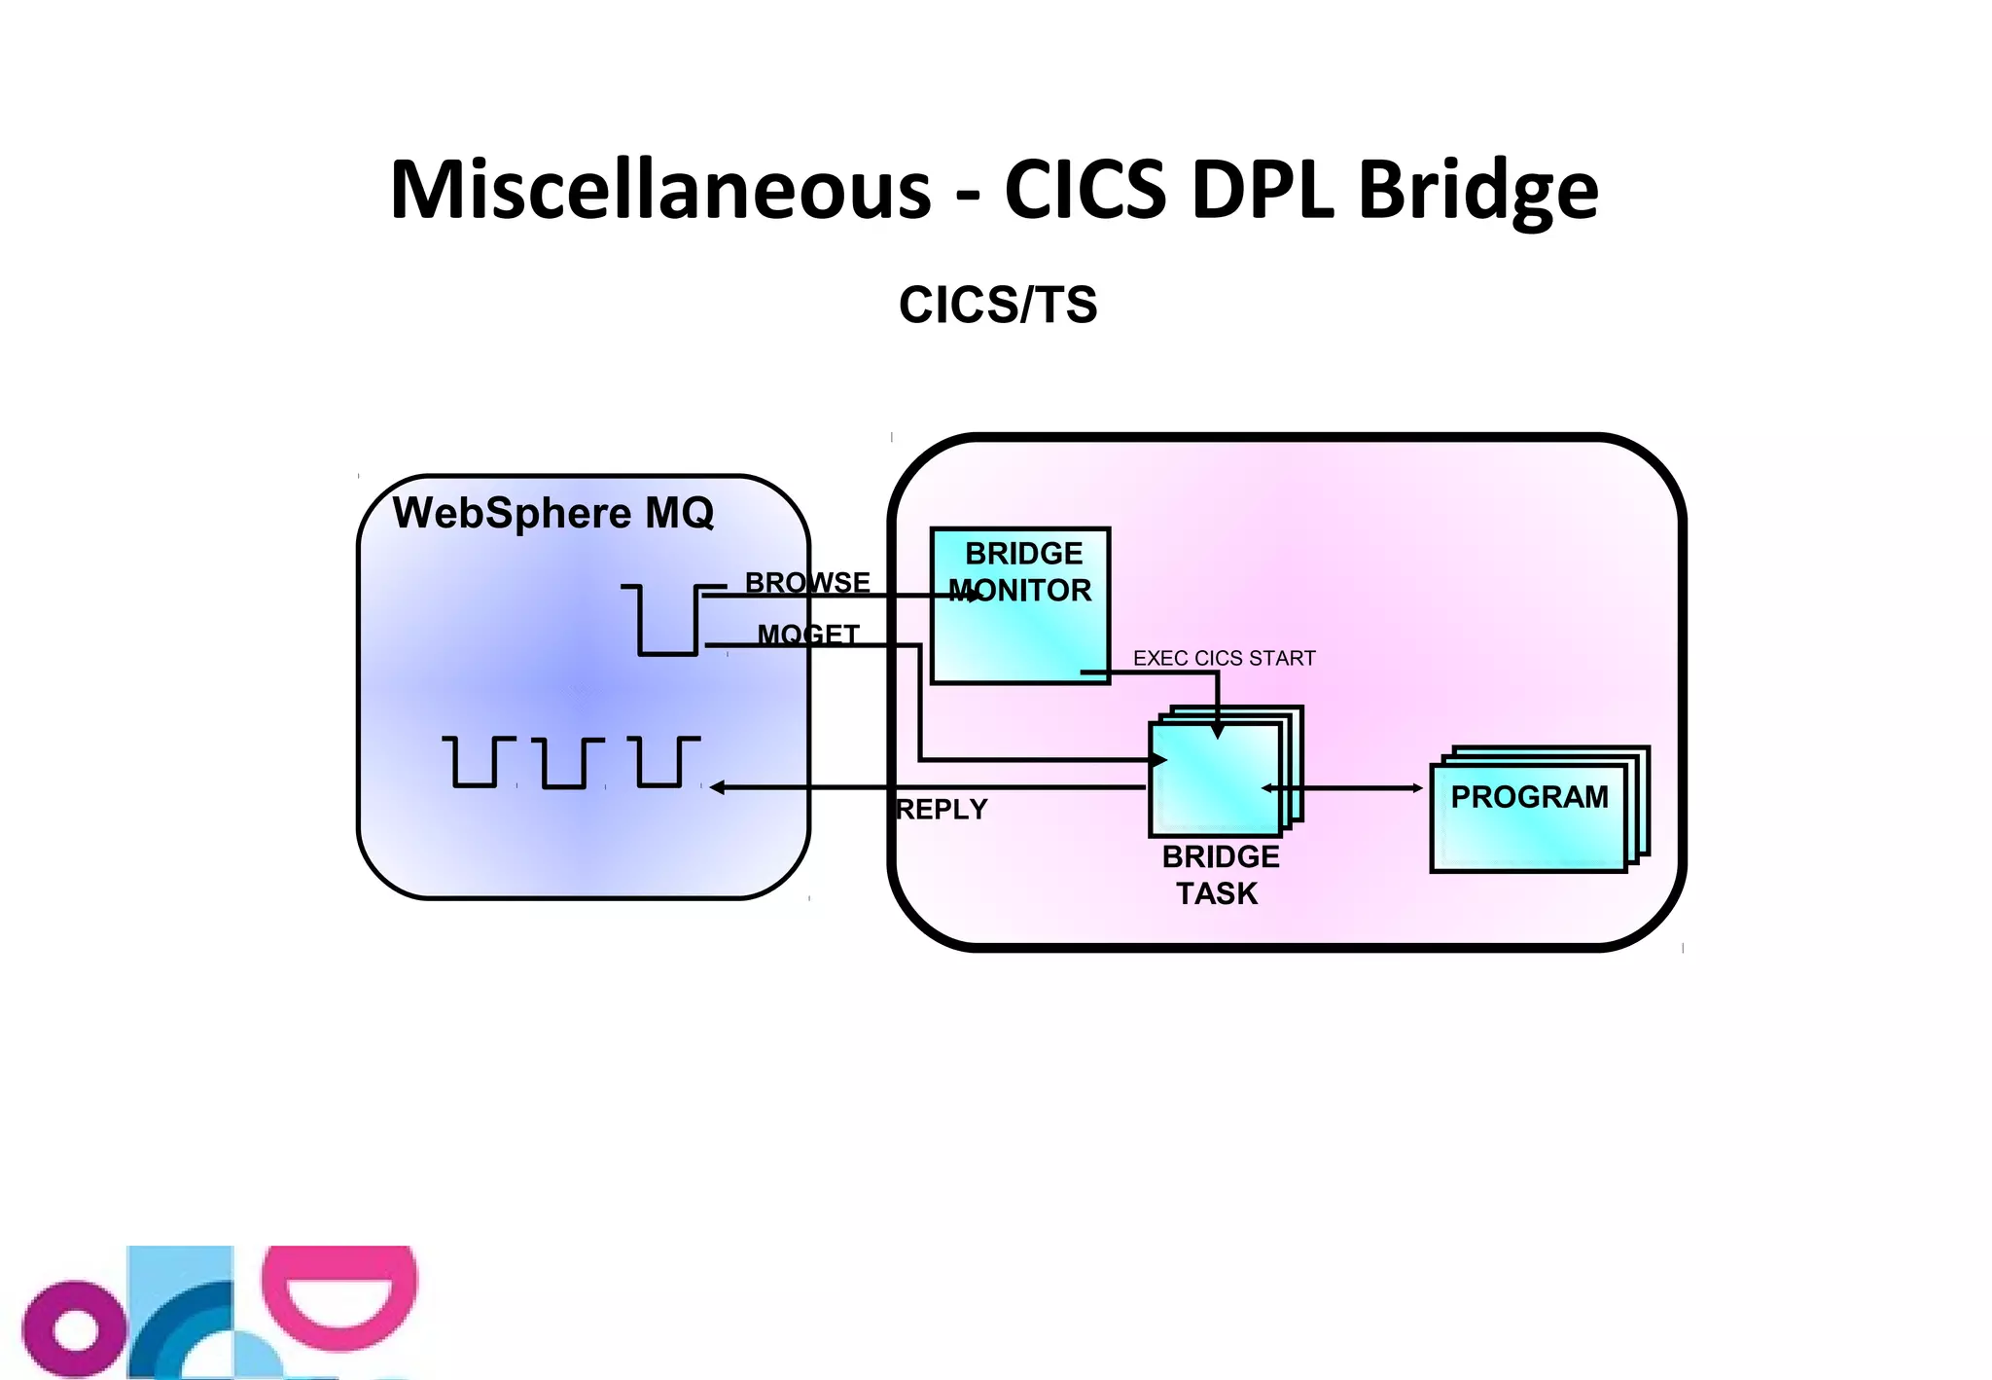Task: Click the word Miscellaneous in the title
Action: pos(660,190)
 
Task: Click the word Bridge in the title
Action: pos(1477,190)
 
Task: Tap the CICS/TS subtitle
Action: pos(998,305)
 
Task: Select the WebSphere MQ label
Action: pos(552,513)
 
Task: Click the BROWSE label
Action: pos(807,582)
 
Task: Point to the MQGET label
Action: pos(808,635)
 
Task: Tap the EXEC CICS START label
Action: pos(1224,658)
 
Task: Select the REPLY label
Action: pos(942,809)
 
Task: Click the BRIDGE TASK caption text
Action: pos(1220,875)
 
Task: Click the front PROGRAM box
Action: pos(1528,817)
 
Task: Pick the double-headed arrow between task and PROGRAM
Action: pos(1362,787)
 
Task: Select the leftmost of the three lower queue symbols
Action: pos(476,762)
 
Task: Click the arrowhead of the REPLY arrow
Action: pos(718,787)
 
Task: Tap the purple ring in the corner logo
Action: pos(76,1330)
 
